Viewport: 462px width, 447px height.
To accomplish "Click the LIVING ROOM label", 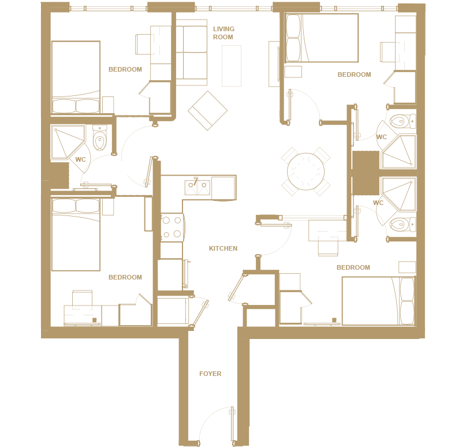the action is (x=223, y=33).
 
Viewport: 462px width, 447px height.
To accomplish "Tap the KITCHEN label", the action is (x=223, y=248).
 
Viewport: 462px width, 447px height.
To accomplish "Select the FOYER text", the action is (x=210, y=374).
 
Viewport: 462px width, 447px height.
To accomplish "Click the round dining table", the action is (x=306, y=172).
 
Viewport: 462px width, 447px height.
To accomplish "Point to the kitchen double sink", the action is (x=198, y=188).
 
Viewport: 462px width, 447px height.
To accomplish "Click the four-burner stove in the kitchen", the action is (x=172, y=228).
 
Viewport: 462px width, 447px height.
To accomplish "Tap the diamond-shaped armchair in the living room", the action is (x=208, y=110).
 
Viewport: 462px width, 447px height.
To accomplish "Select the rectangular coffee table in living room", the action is (x=232, y=66).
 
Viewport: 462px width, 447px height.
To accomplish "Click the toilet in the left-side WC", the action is (x=100, y=137).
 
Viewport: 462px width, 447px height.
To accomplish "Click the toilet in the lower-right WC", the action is (x=403, y=225).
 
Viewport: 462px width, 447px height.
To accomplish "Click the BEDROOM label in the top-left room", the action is (x=125, y=69).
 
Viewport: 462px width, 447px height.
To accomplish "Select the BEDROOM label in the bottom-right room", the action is (x=353, y=267).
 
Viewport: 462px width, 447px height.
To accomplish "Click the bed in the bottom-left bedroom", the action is (x=76, y=234).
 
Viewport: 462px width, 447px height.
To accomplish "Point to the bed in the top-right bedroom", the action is (x=322, y=38).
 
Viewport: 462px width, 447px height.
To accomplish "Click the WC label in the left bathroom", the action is (x=80, y=160).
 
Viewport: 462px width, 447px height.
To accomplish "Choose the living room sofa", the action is (x=192, y=53).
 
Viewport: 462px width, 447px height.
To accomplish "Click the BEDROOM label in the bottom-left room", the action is (x=125, y=277).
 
